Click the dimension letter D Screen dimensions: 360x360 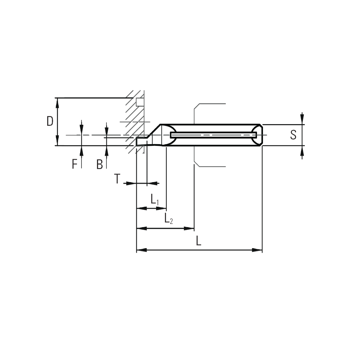pyautogui.click(x=50, y=121)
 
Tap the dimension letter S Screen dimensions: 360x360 pyautogui.click(x=293, y=135)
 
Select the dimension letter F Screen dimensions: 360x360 pyautogui.click(x=75, y=164)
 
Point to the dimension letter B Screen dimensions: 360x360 pyautogui.click(x=99, y=165)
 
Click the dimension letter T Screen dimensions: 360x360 pyautogui.click(x=117, y=179)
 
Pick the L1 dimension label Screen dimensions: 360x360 pyautogui.click(x=155, y=199)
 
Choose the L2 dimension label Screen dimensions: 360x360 pyautogui.click(x=168, y=218)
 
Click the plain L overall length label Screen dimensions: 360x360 pyautogui.click(x=199, y=241)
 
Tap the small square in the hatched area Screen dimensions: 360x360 pyautogui.click(x=140, y=102)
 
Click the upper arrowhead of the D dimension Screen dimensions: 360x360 pyautogui.click(x=57, y=103)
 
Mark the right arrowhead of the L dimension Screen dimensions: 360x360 pyautogui.click(x=257, y=250)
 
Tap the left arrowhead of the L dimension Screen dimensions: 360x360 pyautogui.click(x=142, y=250)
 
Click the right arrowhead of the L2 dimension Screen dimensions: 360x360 pyautogui.click(x=189, y=229)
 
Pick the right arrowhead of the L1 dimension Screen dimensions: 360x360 pyautogui.click(x=161, y=208)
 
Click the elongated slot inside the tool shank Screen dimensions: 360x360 pyautogui.click(x=213, y=135)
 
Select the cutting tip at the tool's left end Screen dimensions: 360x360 pyautogui.click(x=141, y=141)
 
